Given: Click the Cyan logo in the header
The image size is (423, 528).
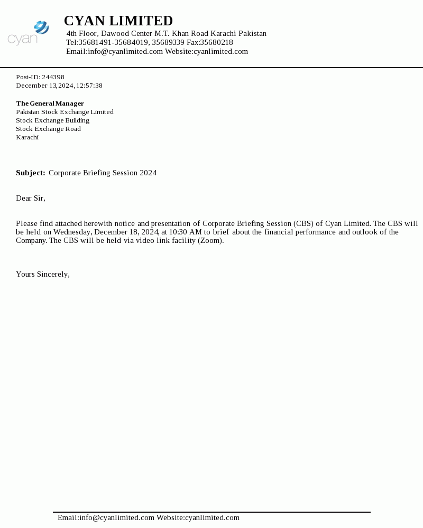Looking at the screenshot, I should click(29, 33).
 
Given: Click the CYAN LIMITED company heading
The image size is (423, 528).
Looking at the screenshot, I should click(118, 21).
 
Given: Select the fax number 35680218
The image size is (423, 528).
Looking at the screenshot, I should click(216, 42).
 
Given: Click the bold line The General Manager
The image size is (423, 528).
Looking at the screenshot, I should click(50, 103).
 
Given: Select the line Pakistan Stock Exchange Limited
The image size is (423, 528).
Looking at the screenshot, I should click(65, 112).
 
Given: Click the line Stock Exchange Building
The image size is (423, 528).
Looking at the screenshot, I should click(52, 120).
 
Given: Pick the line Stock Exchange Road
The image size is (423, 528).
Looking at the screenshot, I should click(48, 129).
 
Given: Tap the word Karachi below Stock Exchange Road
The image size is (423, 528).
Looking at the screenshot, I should click(27, 137).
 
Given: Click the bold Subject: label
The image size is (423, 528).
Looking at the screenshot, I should click(30, 173).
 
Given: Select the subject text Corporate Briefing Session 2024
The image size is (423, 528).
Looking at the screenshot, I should click(103, 173).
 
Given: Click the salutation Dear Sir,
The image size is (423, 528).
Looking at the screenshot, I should click(31, 198).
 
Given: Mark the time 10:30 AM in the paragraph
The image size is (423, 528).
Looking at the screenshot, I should click(185, 232).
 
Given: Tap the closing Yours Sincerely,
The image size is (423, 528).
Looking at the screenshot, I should click(43, 274).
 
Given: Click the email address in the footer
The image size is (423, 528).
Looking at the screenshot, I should click(117, 517).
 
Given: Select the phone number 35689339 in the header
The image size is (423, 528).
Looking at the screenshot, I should click(168, 42).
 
